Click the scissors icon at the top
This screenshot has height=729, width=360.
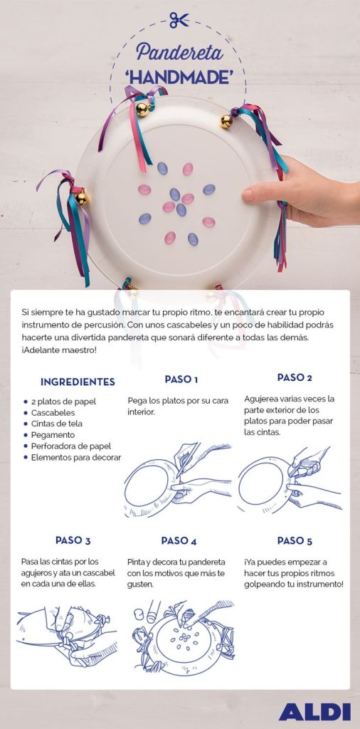click(x=179, y=20)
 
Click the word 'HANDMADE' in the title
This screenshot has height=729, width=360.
click(x=179, y=78)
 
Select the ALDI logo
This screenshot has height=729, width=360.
click(x=314, y=712)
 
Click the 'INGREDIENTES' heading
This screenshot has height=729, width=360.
click(x=78, y=382)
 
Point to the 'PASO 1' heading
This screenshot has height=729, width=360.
click(x=181, y=379)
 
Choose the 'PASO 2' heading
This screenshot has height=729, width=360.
click(x=295, y=377)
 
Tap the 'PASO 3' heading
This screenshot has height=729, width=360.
click(x=73, y=540)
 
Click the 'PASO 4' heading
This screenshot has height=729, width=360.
click(x=179, y=541)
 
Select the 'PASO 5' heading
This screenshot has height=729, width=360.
click(x=295, y=541)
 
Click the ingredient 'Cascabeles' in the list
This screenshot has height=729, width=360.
click(x=53, y=412)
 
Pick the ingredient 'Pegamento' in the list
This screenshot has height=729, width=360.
click(x=53, y=435)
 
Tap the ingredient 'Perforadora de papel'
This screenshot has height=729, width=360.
click(x=71, y=446)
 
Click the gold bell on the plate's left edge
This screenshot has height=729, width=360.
click(x=82, y=199)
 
